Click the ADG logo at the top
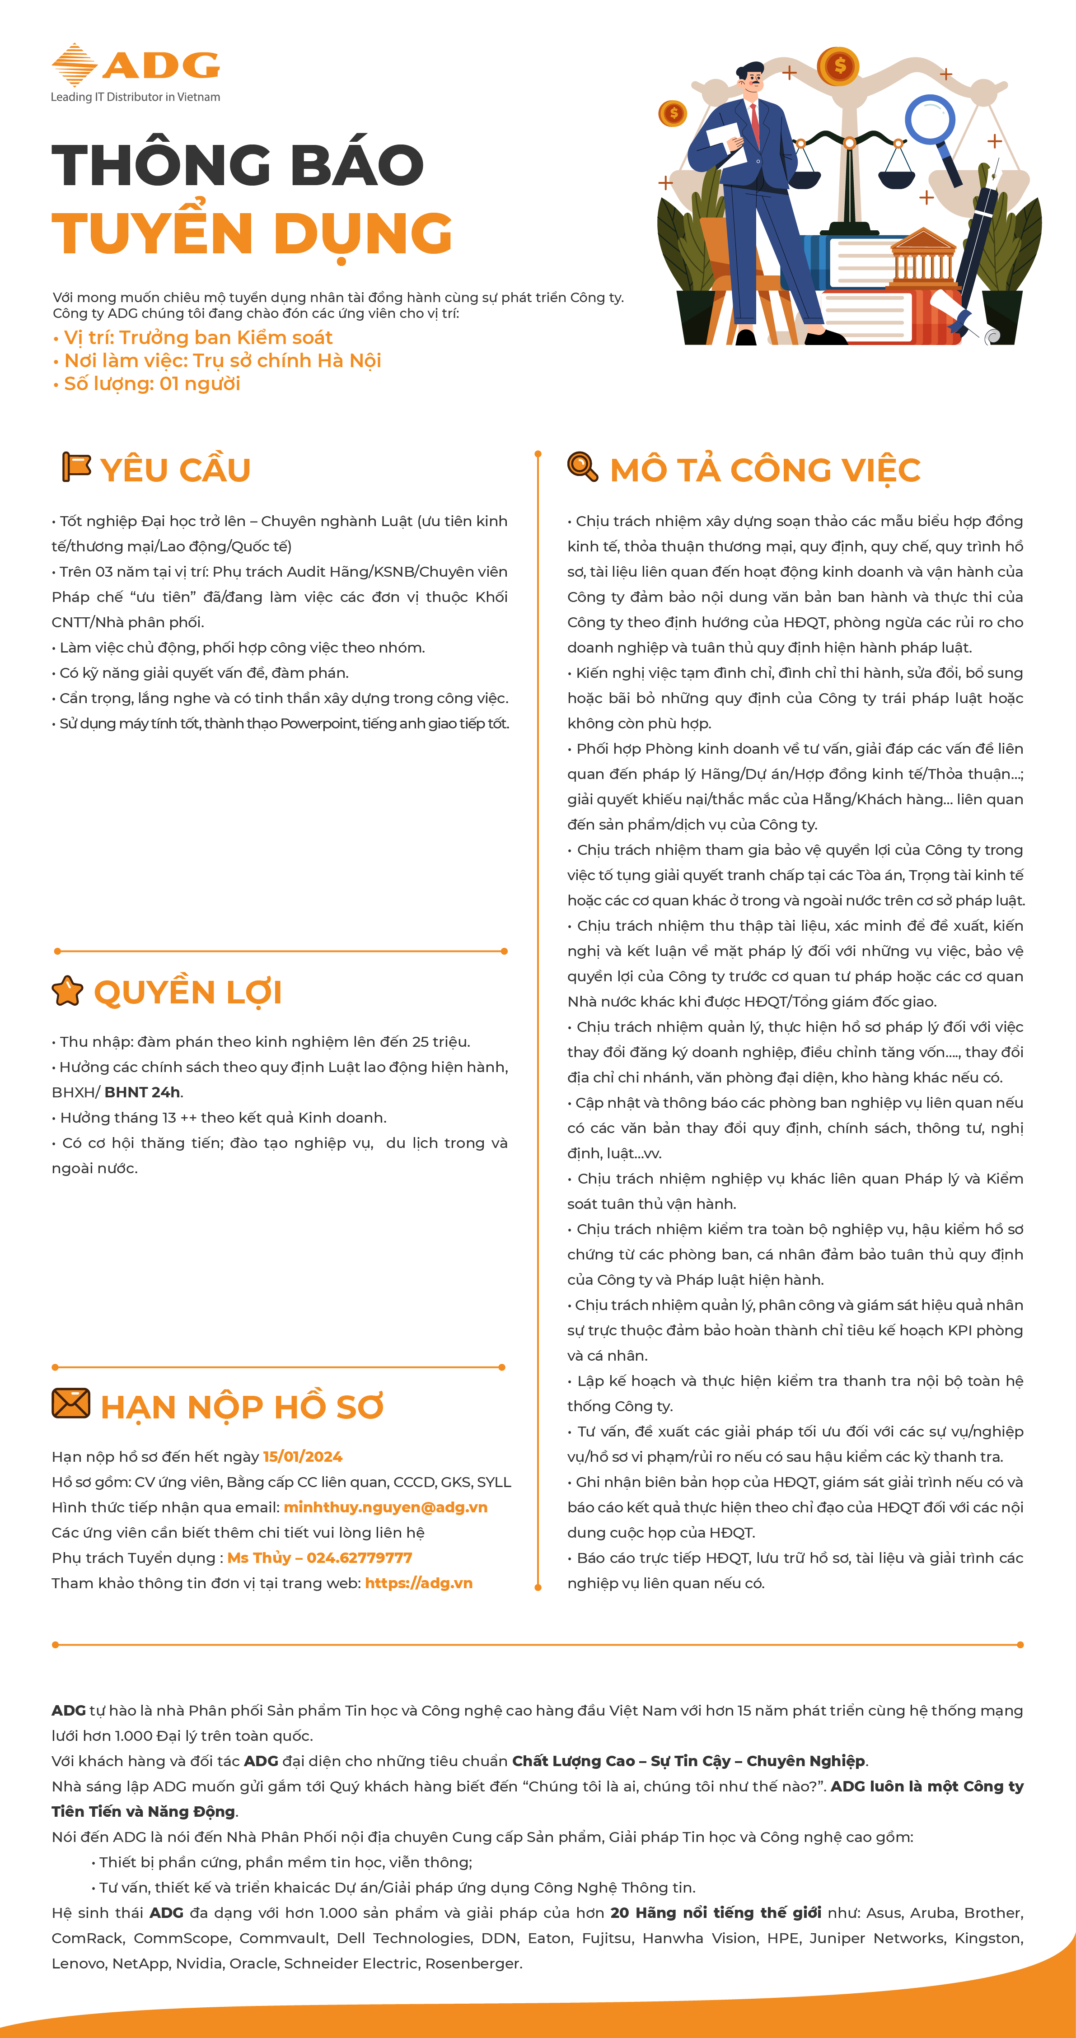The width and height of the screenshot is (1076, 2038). pos(136,65)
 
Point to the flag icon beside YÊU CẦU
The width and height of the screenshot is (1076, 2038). pos(76,467)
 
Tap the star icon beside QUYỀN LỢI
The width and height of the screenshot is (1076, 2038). pos(67,990)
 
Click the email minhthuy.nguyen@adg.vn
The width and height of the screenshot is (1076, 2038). pos(385,1507)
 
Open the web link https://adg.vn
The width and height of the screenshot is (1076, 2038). pos(419,1583)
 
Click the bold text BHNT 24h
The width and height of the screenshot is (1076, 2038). pos(142,1092)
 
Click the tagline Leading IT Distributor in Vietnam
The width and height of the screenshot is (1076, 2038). pos(136,97)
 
